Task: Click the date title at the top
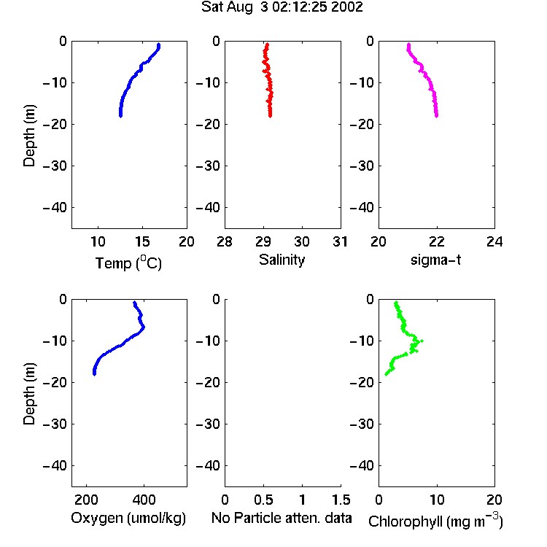(x=282, y=7)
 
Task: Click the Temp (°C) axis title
(x=128, y=263)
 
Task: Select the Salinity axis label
(x=282, y=260)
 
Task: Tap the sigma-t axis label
(x=435, y=260)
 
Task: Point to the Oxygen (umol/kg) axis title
(x=128, y=518)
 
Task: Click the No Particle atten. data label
(x=282, y=518)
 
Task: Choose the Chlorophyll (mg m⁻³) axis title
(x=435, y=521)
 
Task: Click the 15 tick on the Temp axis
(x=142, y=241)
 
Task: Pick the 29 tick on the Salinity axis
(x=263, y=241)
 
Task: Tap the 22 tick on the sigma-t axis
(x=436, y=241)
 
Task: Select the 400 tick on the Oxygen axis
(x=144, y=500)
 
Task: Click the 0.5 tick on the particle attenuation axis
(x=263, y=500)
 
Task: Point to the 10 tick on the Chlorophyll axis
(x=436, y=500)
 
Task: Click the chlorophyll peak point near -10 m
(x=422, y=341)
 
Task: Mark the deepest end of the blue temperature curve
(x=120, y=116)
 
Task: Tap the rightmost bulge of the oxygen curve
(x=144, y=327)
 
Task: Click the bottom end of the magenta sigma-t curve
(x=436, y=116)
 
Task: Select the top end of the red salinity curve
(x=267, y=44)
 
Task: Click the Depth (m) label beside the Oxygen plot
(x=29, y=394)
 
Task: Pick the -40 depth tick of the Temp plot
(x=55, y=208)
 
